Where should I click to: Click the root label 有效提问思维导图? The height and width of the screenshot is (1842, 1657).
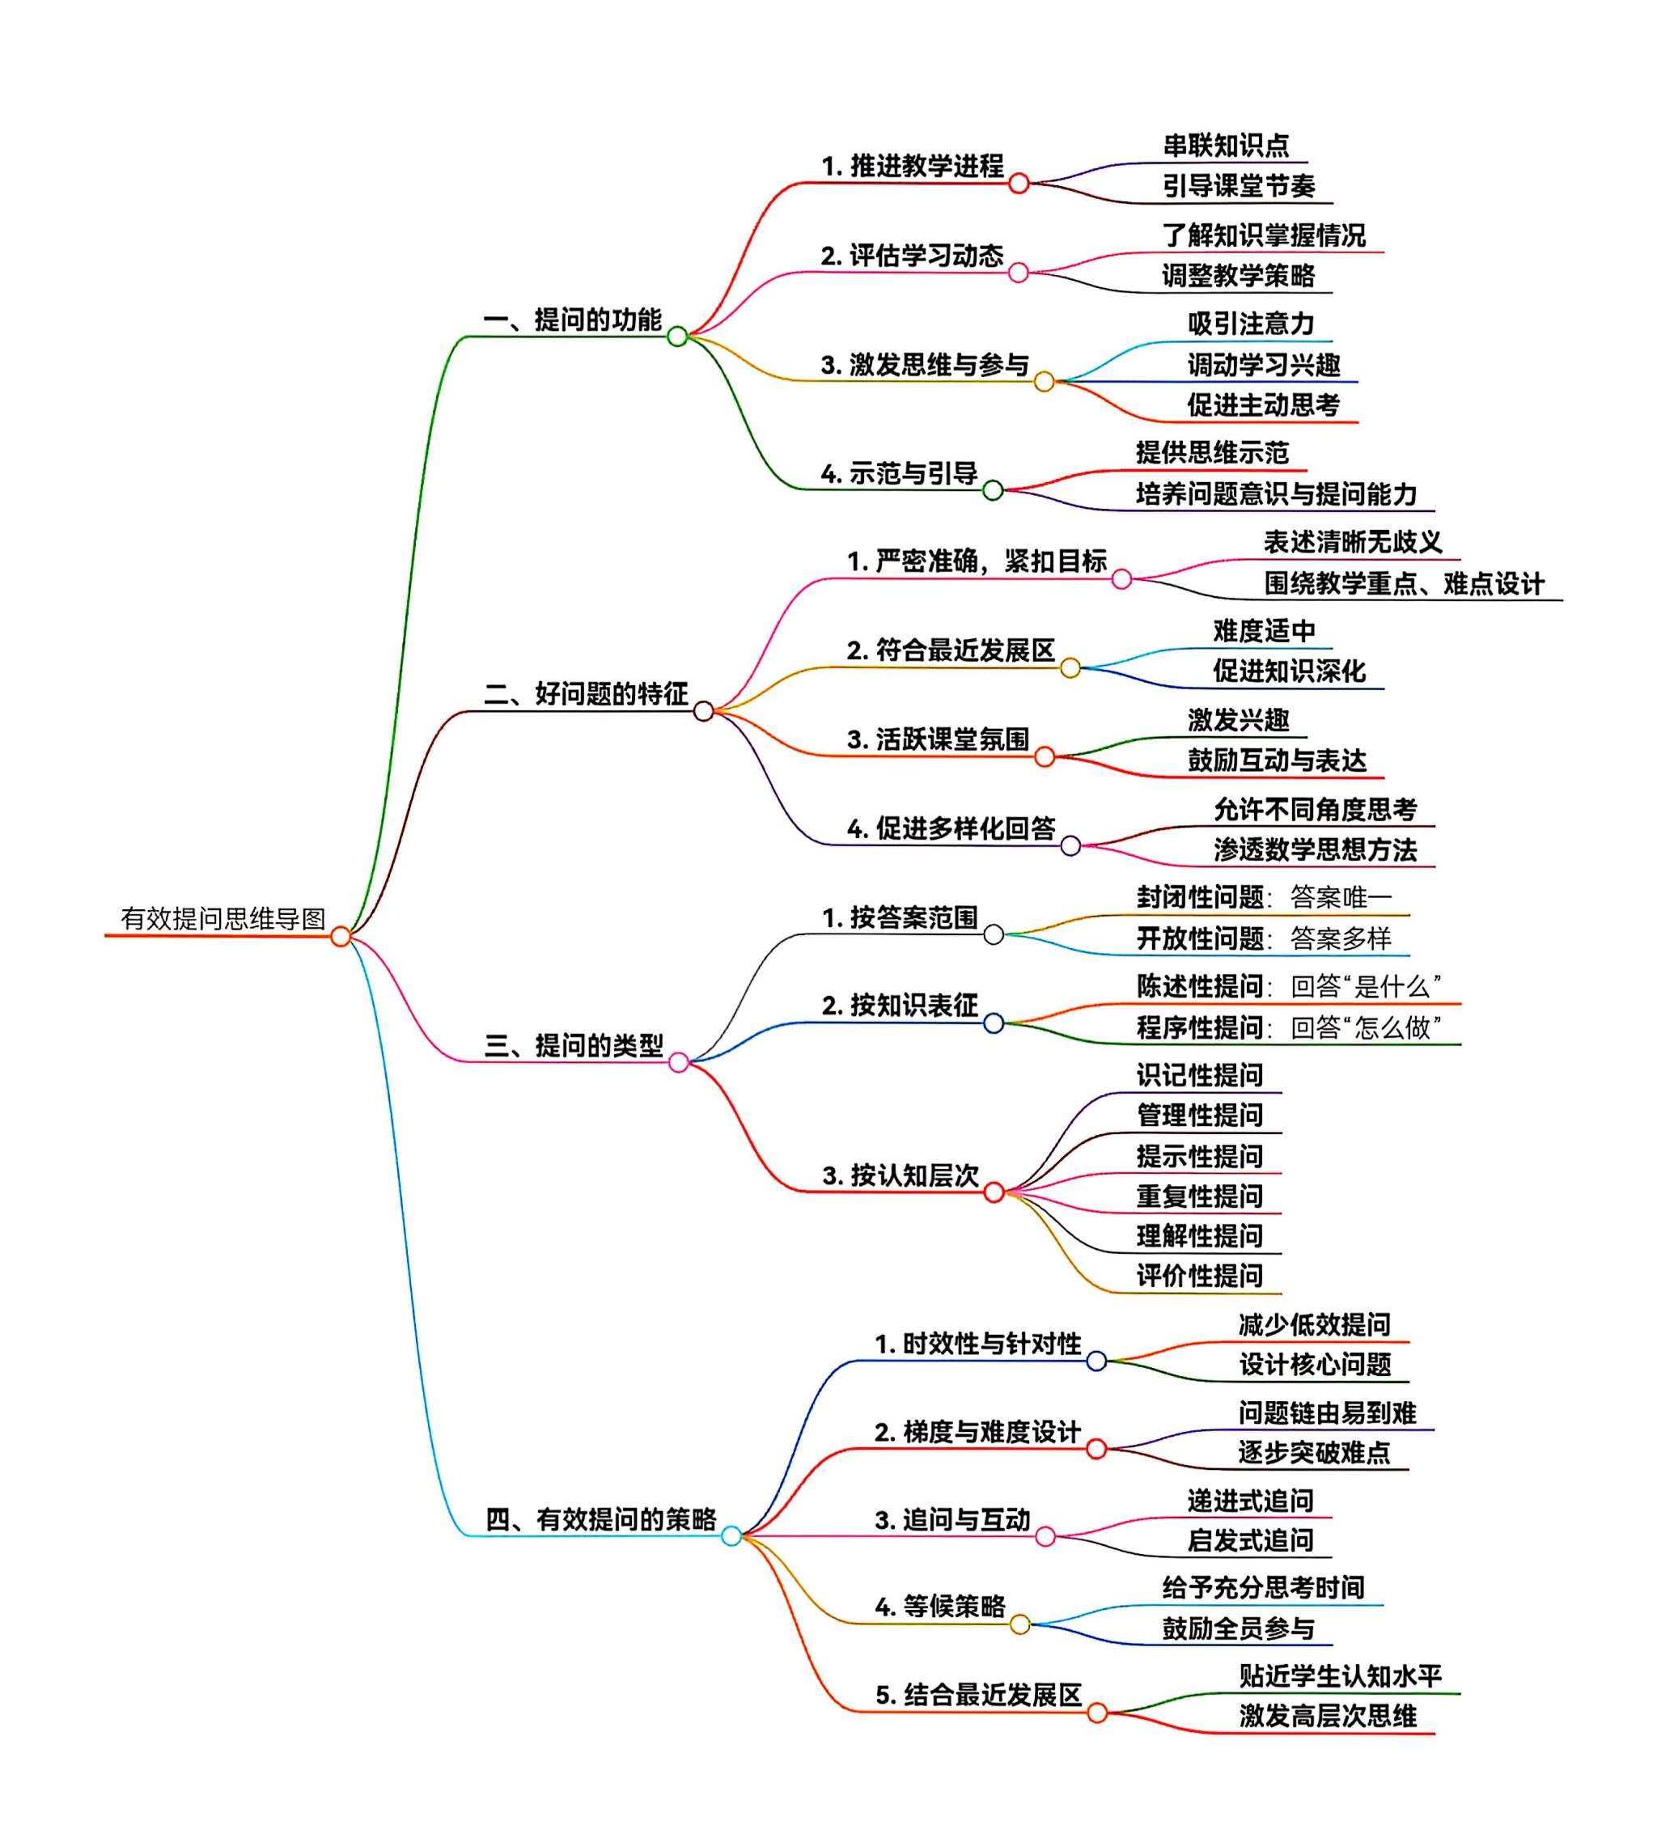(223, 918)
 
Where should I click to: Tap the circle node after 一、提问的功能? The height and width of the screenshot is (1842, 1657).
(677, 337)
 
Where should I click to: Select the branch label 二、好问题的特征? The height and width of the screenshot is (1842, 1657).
(586, 693)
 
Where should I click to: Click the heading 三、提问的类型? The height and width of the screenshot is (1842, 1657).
(574, 1045)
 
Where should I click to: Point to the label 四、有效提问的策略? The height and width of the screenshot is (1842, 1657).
(601, 1519)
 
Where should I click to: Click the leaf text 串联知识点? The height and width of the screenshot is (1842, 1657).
(1227, 146)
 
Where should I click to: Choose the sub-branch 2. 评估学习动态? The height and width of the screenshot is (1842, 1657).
(913, 256)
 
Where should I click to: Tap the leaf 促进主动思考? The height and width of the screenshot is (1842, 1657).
(1263, 405)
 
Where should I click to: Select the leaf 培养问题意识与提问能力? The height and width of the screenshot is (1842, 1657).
(1277, 494)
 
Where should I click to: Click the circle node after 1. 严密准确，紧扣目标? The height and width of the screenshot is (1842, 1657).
(1121, 579)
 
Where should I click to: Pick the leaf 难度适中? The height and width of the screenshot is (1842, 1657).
(1264, 631)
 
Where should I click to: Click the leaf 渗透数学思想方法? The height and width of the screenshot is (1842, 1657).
(1315, 850)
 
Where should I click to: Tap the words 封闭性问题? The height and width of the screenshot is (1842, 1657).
(1200, 897)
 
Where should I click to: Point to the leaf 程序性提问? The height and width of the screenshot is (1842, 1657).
(1200, 1027)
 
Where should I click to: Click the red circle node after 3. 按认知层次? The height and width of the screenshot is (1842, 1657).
(994, 1192)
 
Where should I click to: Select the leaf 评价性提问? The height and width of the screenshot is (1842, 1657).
(1200, 1275)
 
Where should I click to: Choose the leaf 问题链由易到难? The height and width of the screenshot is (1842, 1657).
(1328, 1412)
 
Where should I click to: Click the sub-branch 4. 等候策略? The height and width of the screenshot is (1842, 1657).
(940, 1607)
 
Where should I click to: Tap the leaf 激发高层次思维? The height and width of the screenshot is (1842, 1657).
(1328, 1717)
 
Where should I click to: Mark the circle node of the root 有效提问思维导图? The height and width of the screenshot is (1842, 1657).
(341, 937)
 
